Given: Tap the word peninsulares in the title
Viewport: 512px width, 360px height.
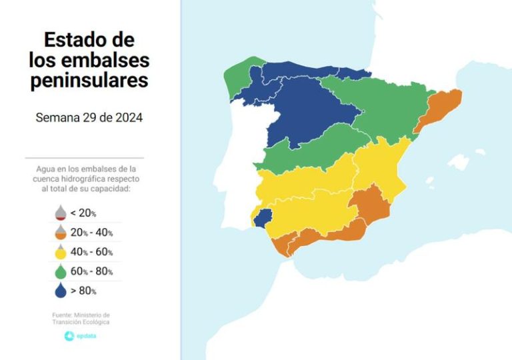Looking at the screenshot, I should (89, 81).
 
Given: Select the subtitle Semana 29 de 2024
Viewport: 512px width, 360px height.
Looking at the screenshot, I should (89, 117).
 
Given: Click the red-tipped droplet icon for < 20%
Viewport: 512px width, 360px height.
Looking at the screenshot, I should (60, 213).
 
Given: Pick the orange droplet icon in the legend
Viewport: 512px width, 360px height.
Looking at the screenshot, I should (60, 232).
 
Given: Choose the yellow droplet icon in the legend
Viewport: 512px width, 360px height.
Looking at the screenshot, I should (60, 251).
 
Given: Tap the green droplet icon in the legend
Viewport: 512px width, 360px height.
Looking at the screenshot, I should (60, 271).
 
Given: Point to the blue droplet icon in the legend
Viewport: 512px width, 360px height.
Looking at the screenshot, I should (60, 290).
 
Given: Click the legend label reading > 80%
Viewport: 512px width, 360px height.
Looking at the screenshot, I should (83, 291).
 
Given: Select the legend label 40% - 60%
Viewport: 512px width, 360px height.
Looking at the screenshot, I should (91, 252).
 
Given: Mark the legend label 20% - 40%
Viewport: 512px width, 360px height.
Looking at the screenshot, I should (91, 233).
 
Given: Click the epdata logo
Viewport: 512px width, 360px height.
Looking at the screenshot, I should (80, 335).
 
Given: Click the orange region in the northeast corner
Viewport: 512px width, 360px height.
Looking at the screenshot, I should (437, 110).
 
